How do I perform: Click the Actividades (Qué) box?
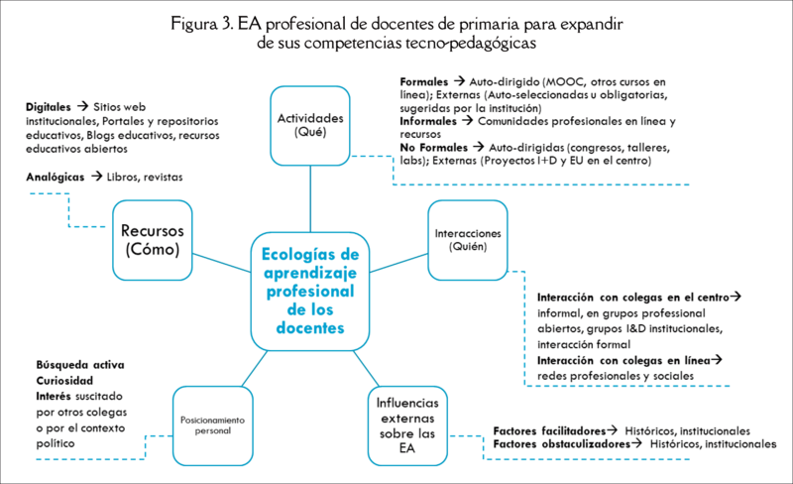tap(310, 125)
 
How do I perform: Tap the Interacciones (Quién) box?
tap(466, 239)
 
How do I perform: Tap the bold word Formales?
tap(423, 80)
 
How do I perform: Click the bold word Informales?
tap(428, 121)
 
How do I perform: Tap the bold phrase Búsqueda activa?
tap(80, 364)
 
